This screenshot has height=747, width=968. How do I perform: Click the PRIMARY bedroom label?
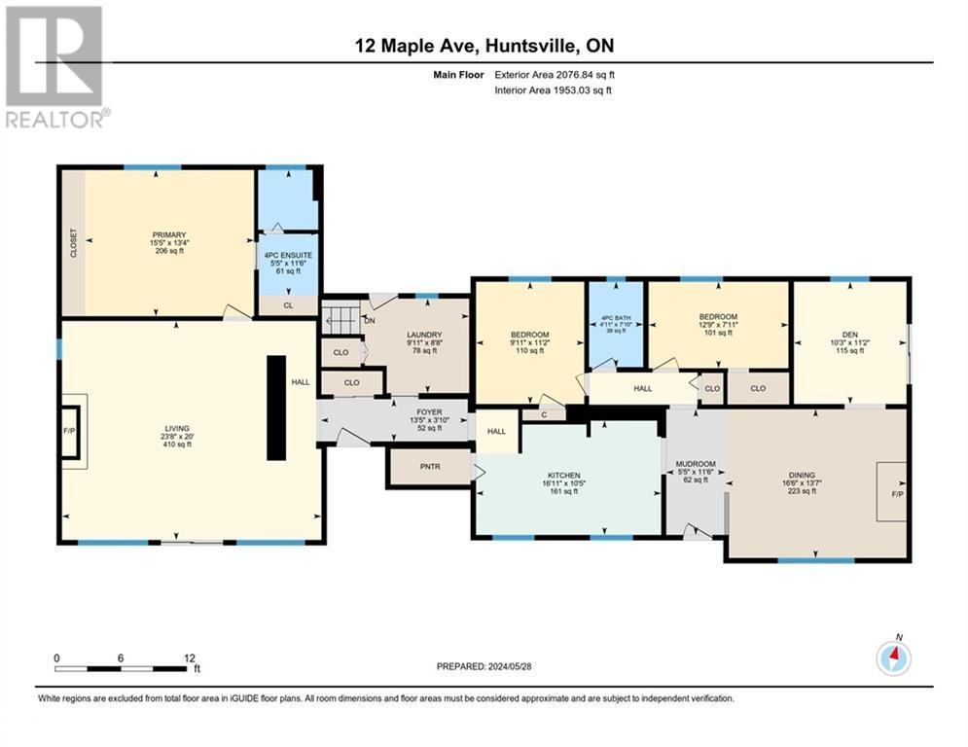[x=169, y=234]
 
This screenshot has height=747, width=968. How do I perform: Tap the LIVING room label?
[x=176, y=428]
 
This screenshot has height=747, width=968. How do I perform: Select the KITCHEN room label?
[x=563, y=476]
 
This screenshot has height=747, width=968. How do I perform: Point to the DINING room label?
[x=802, y=476]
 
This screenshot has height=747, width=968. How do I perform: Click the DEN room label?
[x=850, y=335]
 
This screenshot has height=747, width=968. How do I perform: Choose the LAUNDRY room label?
[x=424, y=335]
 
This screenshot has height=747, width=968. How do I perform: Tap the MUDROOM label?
[x=696, y=464]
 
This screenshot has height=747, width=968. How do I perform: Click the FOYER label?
[x=429, y=411]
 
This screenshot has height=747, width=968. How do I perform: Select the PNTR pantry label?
[x=430, y=467]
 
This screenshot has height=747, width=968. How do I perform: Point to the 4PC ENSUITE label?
[x=288, y=255]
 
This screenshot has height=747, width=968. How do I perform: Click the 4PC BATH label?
[x=616, y=318]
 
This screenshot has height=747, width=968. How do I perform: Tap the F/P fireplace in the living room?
[x=69, y=431]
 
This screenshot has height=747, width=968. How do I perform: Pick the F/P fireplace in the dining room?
[x=897, y=494]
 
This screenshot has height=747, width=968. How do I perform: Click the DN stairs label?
[x=369, y=321]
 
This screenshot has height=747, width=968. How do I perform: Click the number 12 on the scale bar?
[x=190, y=658]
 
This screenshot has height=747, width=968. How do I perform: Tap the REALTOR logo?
[x=55, y=67]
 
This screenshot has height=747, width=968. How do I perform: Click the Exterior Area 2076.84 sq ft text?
[x=555, y=75]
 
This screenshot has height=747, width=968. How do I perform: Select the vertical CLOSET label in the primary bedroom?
[x=74, y=242]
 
